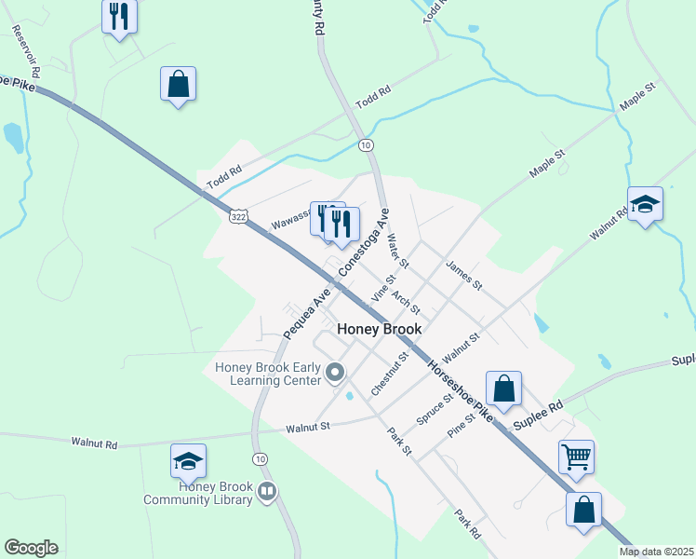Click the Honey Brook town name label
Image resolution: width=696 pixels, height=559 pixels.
(379, 329)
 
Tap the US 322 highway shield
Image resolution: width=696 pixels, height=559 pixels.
(238, 216)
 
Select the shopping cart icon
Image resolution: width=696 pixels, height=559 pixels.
(576, 457)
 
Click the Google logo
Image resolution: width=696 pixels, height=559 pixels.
(31, 548)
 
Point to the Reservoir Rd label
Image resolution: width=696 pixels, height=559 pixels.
(26, 50)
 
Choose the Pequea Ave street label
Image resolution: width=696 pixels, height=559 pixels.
(308, 312)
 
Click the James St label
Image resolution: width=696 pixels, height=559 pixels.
(464, 276)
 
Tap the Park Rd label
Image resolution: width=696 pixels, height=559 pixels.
(467, 524)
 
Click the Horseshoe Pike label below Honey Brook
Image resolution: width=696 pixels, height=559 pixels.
(459, 385)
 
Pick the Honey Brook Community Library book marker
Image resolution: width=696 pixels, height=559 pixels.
(267, 490)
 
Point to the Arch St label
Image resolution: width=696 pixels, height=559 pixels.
(407, 302)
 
